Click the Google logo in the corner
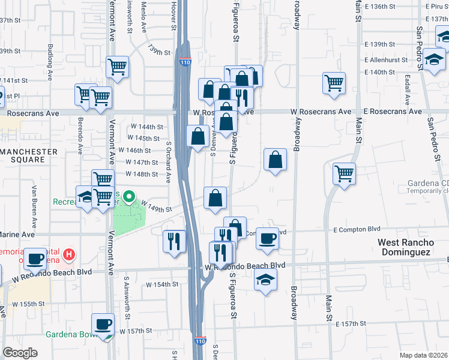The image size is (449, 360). pos(20,353)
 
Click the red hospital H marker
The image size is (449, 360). pos(70,255)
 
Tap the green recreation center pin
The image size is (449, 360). pos(128,196)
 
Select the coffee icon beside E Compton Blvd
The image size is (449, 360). pos(268,238)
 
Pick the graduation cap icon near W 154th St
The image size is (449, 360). pos(265,280)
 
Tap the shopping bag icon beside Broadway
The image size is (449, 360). pos(275,160)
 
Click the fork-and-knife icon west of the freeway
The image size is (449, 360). pos(174,241)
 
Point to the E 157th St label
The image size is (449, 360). pos(351,324)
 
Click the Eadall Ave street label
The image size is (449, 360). pos(407,91)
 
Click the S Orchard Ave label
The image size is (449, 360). pos(169,162)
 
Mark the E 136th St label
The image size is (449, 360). pos(381,7)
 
